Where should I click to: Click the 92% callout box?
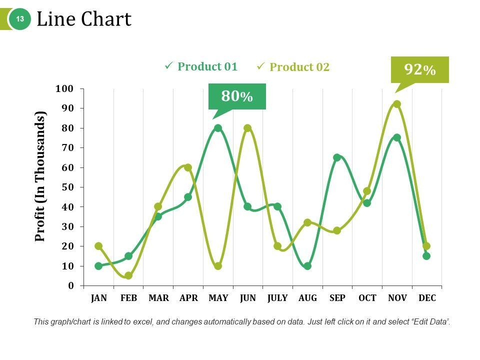tap(419, 69)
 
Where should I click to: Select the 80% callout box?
tap(237, 96)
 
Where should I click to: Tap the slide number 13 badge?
tap(20, 19)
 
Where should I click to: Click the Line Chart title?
tap(84, 19)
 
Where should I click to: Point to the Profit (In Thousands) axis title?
tap(40, 176)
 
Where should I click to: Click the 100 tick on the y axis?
tap(64, 89)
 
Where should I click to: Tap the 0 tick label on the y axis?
tap(70, 285)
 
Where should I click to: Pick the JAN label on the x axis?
tap(99, 298)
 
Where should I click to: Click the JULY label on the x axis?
tap(277, 298)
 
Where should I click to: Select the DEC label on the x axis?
tap(427, 298)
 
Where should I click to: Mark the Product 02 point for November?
tap(397, 104)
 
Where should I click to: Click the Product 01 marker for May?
tap(218, 128)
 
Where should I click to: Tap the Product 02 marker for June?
tap(247, 128)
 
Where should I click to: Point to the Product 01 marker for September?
tap(337, 157)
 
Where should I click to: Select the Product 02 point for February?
tap(128, 275)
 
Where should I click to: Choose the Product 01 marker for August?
tap(307, 266)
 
